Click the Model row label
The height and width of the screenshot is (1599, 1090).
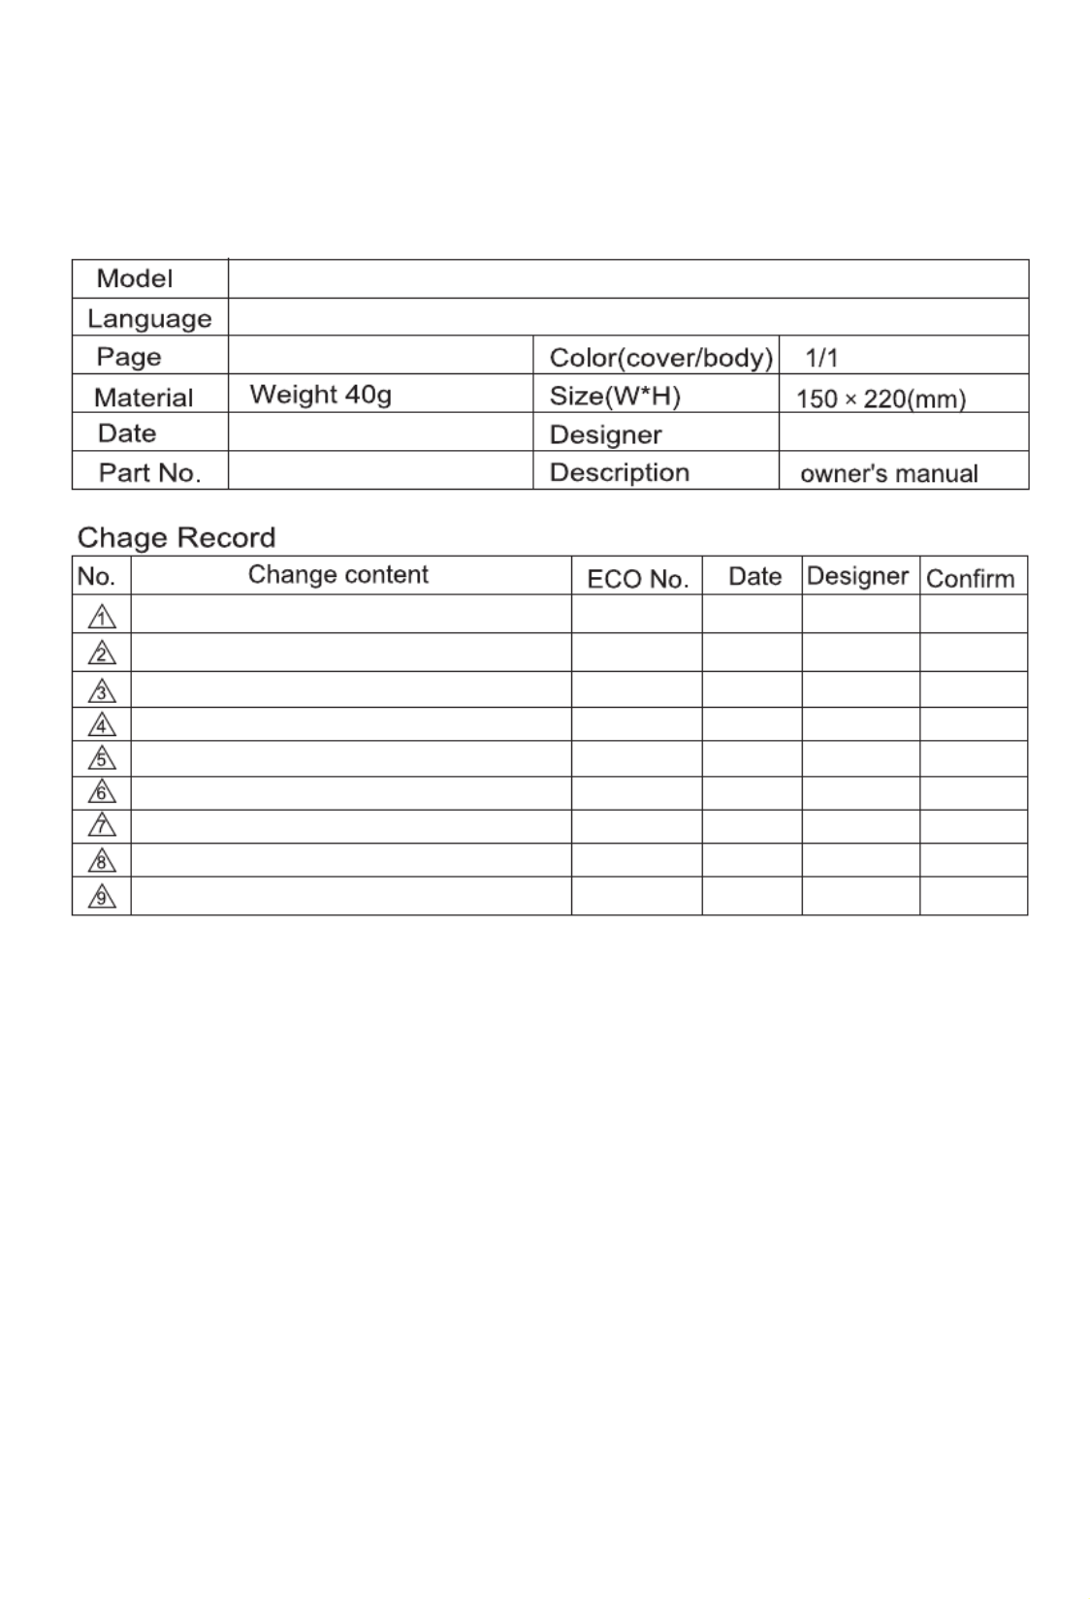coord(134,279)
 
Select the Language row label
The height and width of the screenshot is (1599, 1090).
coord(149,319)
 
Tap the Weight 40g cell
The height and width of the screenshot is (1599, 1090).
coord(320,395)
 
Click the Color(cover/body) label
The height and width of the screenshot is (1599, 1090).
coord(660,358)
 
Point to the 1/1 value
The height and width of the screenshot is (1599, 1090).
coord(821,358)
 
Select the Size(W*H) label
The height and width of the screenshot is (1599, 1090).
coord(615,396)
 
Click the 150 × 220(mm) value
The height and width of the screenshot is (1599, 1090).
coord(881,399)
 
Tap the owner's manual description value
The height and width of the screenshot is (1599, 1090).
coord(888,473)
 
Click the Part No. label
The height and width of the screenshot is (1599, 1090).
coord(149,473)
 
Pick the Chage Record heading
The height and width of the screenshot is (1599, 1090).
coord(176,537)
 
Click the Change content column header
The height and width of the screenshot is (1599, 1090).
coord(337,575)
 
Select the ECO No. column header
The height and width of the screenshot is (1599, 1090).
coord(637,579)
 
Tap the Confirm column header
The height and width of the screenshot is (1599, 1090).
coord(970,579)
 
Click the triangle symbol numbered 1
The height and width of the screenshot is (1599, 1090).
coord(102,617)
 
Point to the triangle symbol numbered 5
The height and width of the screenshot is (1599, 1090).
coord(102,758)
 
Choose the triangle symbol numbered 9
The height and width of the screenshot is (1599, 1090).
coord(102,897)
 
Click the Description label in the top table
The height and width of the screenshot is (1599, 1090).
coord(619,472)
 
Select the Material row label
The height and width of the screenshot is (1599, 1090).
coord(144,398)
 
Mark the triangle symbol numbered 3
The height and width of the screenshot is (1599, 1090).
coord(102,691)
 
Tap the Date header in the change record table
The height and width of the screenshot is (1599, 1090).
coord(754,577)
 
